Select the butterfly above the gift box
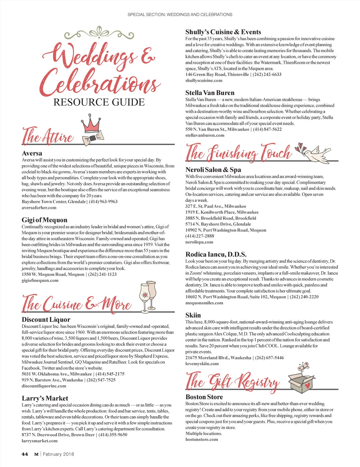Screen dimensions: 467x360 coord(304,366)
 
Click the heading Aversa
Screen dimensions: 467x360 coord(32,153)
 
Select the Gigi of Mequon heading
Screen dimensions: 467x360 coord(44,220)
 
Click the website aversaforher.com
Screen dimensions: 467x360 coord(39,208)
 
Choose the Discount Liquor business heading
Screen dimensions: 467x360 coord(46,320)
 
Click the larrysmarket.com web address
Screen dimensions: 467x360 coord(40,441)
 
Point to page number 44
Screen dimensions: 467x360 coord(25,454)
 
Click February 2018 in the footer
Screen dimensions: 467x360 coord(58,454)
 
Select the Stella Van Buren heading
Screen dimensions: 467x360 coord(210,93)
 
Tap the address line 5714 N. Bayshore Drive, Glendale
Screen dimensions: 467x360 coord(218,224)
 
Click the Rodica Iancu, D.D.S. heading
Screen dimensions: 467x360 coord(216,254)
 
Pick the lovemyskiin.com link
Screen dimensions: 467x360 coord(202,364)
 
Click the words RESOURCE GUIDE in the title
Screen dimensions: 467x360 coord(99,102)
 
